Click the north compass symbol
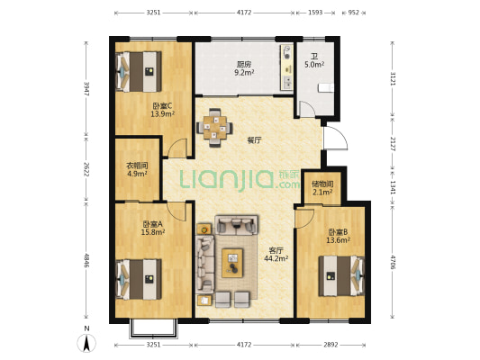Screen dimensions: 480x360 tap(86, 340)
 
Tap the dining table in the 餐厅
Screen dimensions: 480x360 tap(214, 128)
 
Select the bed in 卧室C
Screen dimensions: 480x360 tap(139, 72)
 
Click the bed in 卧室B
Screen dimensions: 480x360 tap(341, 276)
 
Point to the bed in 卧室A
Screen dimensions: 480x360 tap(139, 279)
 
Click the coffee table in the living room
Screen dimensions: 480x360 tap(232, 263)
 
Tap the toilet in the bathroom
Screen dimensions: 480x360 tap(326, 88)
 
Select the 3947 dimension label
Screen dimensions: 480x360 tap(86, 89)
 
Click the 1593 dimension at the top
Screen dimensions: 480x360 tap(315, 13)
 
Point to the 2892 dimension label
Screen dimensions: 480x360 tap(331, 345)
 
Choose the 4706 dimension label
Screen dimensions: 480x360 tap(393, 262)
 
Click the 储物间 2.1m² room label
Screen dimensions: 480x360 tap(322, 188)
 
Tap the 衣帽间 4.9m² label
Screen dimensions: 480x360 tap(137, 170)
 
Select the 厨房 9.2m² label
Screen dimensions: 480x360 tap(244, 68)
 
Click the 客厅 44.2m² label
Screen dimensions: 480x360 tap(276, 255)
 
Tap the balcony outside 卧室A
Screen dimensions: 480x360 tap(154, 328)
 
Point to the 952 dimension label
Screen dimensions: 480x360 tap(354, 13)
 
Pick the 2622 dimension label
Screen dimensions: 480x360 tap(86, 169)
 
